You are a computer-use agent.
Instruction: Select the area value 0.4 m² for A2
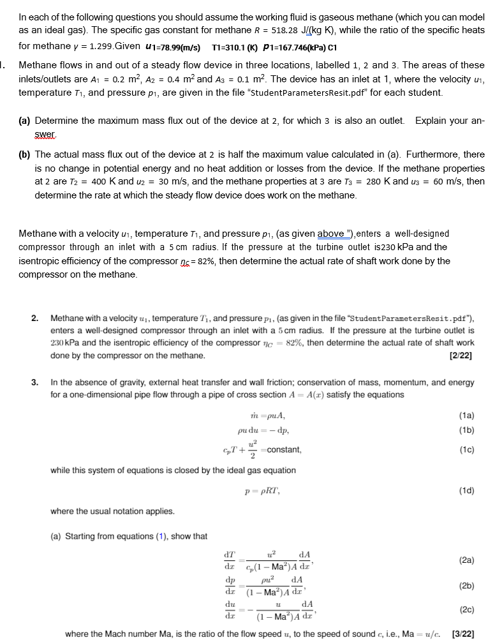202,79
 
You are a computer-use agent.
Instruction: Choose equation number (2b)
467,585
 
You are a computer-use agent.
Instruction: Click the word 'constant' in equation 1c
284,450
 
